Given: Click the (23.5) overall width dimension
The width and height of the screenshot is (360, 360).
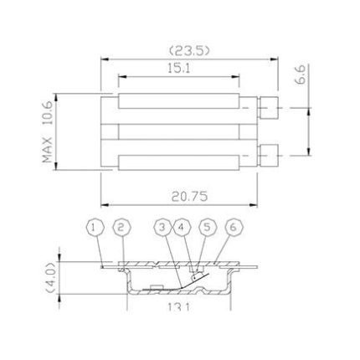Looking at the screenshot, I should [189, 50].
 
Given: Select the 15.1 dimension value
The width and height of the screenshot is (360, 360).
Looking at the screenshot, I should [178, 69].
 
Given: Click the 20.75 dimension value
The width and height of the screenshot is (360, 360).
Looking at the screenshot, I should [189, 197].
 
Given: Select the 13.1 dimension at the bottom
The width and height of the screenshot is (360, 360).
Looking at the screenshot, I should [177, 307].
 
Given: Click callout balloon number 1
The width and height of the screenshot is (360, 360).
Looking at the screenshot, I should [95, 228].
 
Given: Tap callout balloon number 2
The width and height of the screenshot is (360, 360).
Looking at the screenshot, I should [121, 228].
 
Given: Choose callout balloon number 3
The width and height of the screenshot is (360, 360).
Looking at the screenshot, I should [162, 228].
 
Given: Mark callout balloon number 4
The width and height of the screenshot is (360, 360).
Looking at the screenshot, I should [183, 228].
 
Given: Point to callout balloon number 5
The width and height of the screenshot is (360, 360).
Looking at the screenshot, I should [208, 228].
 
